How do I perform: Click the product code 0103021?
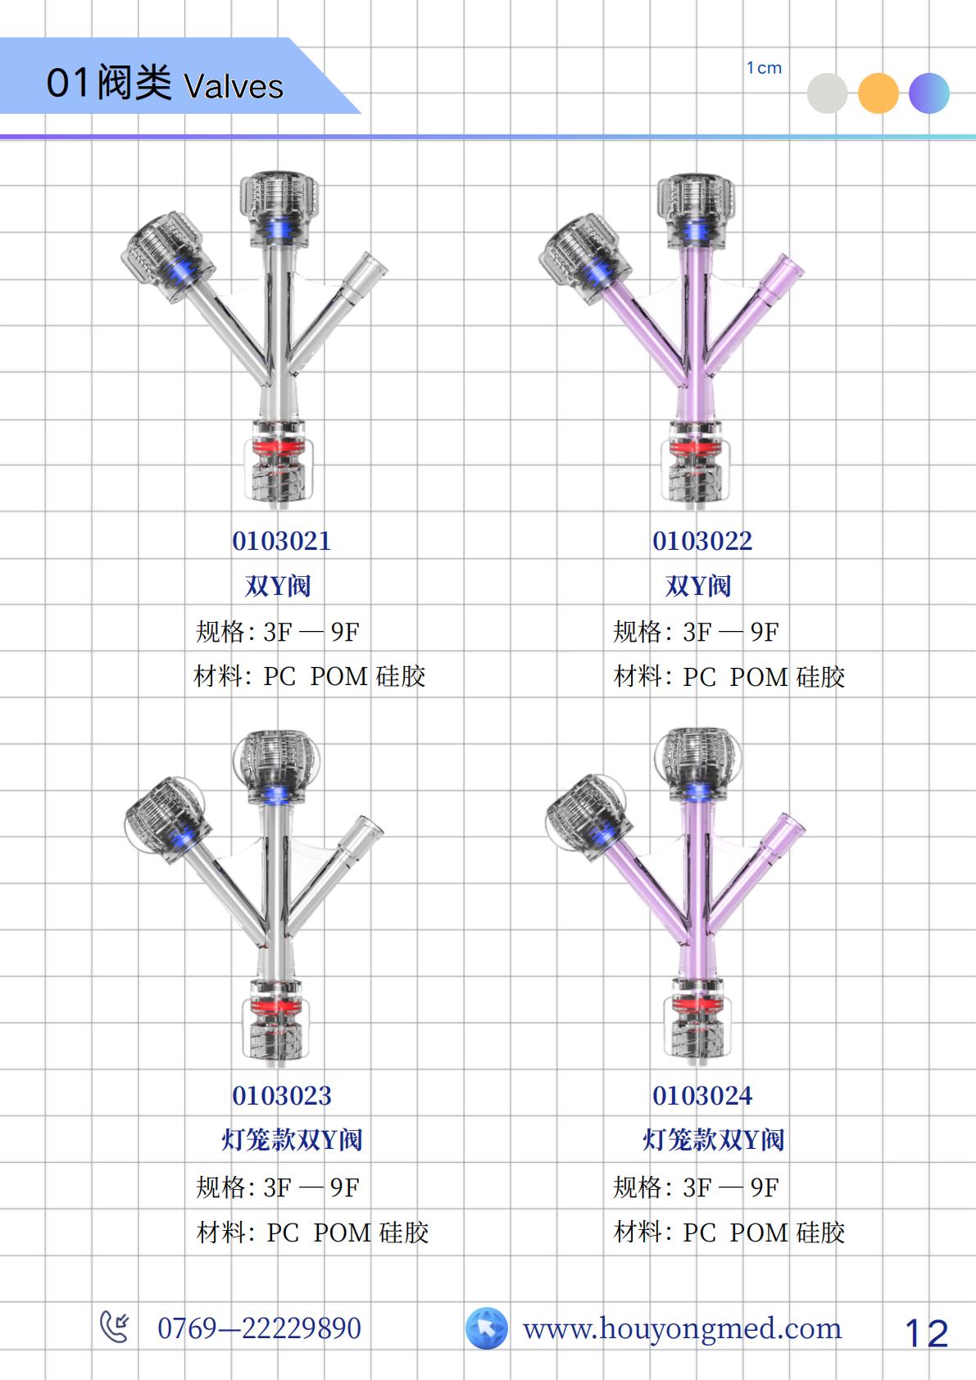282,541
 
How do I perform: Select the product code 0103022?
702,541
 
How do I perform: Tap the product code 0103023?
282,1096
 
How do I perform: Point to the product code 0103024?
702,1096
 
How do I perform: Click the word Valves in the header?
234,86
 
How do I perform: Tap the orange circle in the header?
878,93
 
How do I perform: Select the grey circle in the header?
828,93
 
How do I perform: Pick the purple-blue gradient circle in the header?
929,93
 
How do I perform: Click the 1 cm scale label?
764,68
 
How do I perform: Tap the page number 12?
927,1334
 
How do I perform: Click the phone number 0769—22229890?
260,1328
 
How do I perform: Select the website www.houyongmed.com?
682,1329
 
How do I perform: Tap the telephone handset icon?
115,1327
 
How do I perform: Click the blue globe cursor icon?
487,1328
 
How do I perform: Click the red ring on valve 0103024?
698,1005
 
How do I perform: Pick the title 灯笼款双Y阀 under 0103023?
292,1140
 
